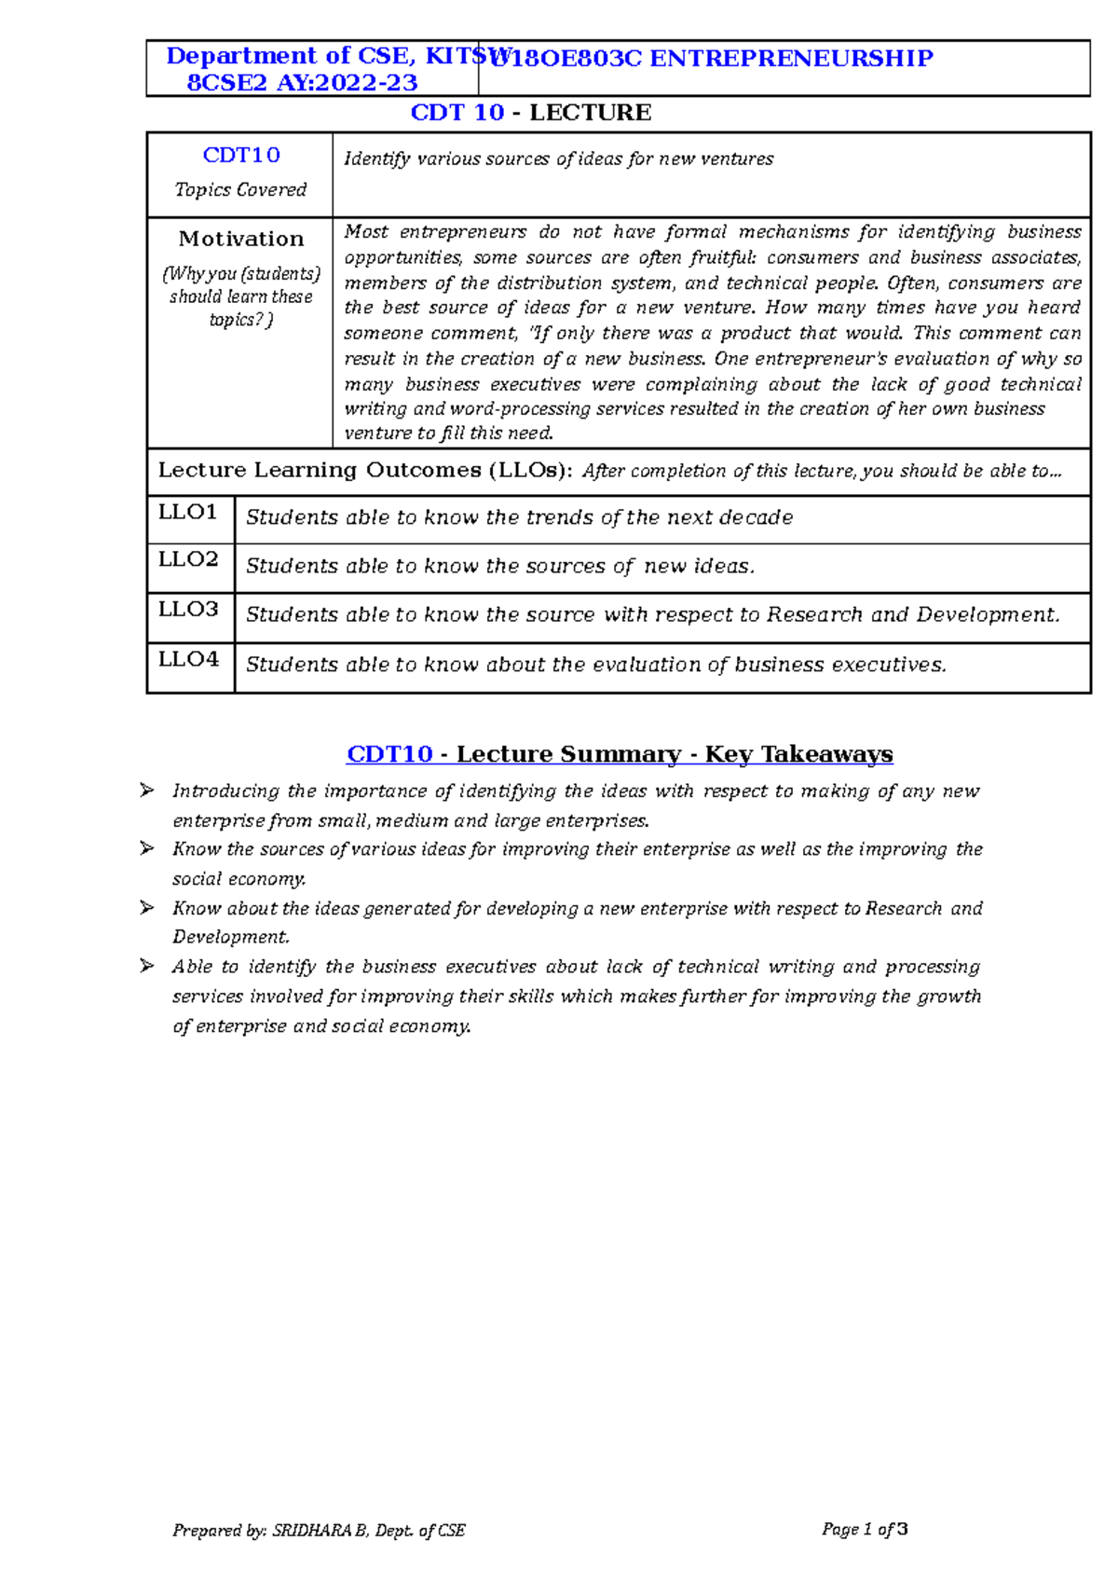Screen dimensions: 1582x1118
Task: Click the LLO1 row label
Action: coord(187,512)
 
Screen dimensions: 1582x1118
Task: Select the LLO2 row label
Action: coord(187,559)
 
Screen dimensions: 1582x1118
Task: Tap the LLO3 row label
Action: coord(187,609)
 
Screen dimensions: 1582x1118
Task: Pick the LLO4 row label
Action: coord(187,659)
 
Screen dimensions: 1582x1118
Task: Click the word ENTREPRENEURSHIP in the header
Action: coord(791,59)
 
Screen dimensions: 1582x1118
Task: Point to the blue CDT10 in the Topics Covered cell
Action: coord(241,155)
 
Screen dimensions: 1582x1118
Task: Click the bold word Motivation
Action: coord(241,239)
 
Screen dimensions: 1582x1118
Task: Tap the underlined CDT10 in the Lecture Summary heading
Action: coord(389,753)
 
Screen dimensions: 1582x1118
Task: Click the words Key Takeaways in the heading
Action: coord(798,753)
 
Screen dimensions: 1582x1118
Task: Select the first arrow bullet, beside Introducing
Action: coord(147,791)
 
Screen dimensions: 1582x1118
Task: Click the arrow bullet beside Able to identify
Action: coord(147,966)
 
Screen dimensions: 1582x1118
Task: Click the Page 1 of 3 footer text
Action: coord(865,1529)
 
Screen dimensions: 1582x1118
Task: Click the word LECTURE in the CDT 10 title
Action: coord(590,113)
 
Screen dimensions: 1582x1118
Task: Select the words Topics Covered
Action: coord(240,189)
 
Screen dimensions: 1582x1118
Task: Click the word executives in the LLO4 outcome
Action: coord(888,665)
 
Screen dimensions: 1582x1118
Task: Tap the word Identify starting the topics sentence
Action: coord(376,158)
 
